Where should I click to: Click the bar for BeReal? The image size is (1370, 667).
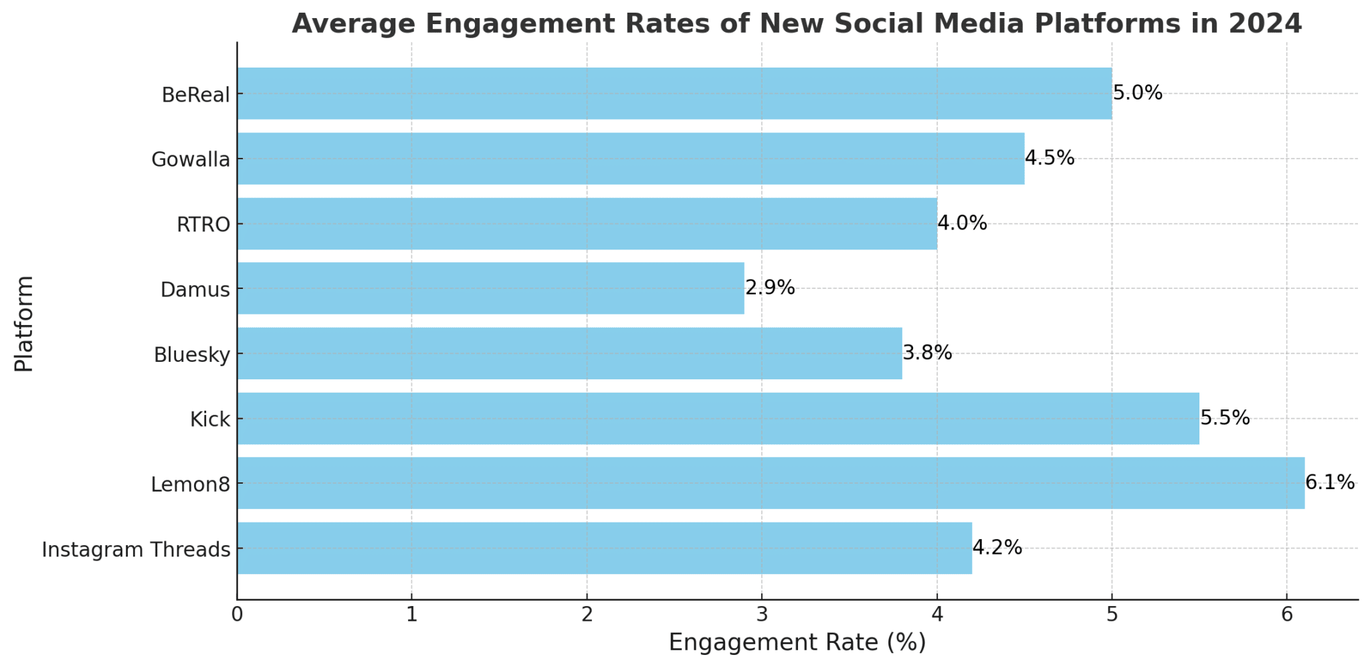674,94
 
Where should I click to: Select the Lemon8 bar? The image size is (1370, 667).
771,483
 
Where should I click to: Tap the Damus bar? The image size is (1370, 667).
490,288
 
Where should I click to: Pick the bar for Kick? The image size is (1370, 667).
718,418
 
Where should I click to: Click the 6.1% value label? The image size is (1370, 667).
1330,482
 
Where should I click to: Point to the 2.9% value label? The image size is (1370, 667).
770,288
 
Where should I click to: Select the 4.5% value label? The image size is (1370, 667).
1050,158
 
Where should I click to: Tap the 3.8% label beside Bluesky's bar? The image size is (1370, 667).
927,353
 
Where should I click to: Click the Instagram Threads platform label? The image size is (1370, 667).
136,550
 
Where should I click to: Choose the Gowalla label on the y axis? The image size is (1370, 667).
191,160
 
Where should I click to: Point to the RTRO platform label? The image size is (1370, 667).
203,225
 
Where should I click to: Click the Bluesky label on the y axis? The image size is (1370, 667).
192,355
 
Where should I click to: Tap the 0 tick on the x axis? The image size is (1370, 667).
237,615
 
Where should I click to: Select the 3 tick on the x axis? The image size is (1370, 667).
761,615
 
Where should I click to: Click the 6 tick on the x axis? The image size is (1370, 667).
1286,615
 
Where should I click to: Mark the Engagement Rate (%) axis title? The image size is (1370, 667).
797,642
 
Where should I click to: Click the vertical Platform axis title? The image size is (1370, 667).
24,323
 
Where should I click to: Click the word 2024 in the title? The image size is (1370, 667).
1265,23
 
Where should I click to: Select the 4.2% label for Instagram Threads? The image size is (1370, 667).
997,548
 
